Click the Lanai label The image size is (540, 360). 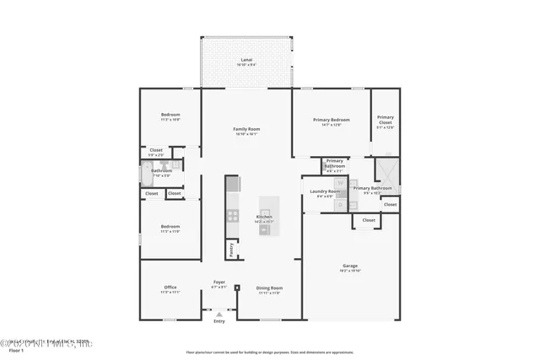pyautogui.click(x=246, y=61)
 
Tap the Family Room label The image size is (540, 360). pyautogui.click(x=246, y=129)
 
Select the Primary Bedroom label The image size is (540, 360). pyautogui.click(x=331, y=120)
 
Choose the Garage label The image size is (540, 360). pyautogui.click(x=350, y=266)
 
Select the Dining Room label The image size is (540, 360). pyautogui.click(x=269, y=288)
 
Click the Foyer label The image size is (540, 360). pyautogui.click(x=219, y=283)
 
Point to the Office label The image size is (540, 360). pyautogui.click(x=170, y=288)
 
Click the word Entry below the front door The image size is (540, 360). pyautogui.click(x=219, y=321)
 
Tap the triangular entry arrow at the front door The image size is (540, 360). pyautogui.click(x=219, y=314)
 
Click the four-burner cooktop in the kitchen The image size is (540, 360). pyautogui.click(x=233, y=215)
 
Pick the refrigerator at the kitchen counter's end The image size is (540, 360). pyautogui.click(x=233, y=183)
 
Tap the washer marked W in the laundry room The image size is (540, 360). pyautogui.click(x=339, y=182)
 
